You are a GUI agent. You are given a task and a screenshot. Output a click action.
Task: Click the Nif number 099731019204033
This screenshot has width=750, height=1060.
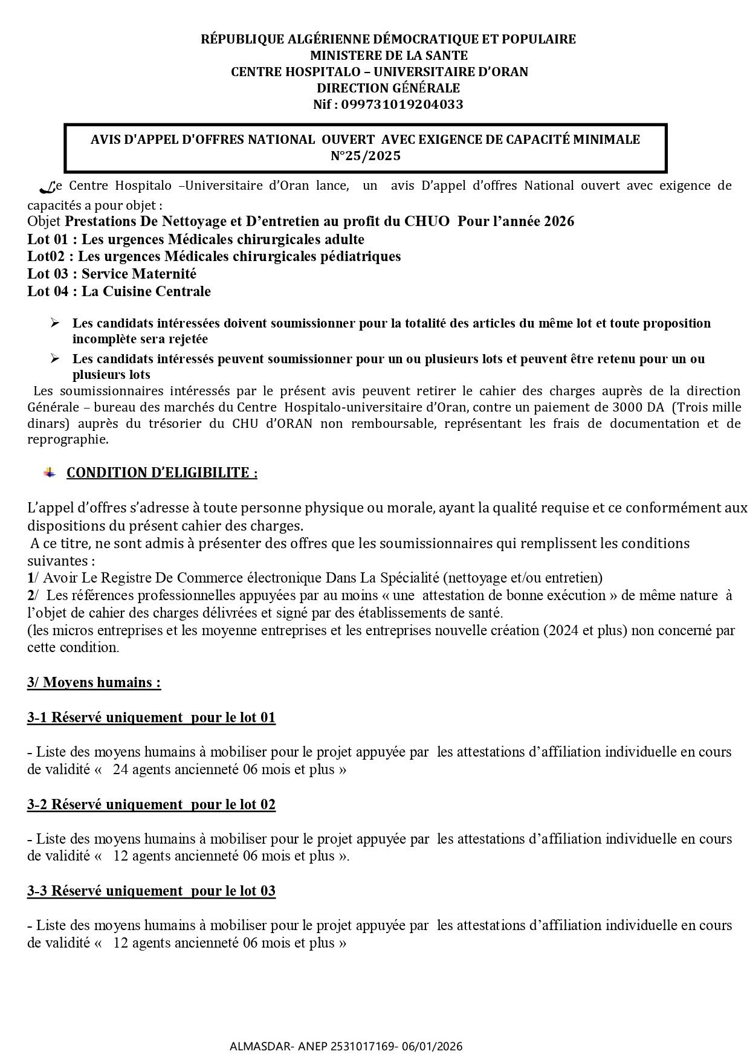pyautogui.click(x=402, y=105)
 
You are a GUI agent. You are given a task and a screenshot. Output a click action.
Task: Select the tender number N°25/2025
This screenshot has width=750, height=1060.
pyautogui.click(x=366, y=156)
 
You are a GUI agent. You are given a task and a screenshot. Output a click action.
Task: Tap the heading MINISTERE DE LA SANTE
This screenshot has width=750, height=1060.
pyautogui.click(x=389, y=56)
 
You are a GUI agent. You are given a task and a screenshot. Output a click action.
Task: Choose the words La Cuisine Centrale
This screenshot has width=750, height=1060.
pyautogui.click(x=146, y=291)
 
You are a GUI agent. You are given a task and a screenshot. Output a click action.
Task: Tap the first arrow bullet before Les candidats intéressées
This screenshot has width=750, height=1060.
pyautogui.click(x=55, y=323)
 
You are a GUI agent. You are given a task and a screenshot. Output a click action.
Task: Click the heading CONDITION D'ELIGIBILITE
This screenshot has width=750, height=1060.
pyautogui.click(x=162, y=473)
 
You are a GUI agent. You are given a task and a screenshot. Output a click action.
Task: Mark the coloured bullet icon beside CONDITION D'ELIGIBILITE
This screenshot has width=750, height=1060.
pyautogui.click(x=50, y=472)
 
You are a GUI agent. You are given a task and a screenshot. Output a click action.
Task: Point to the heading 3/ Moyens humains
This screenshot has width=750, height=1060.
pyautogui.click(x=94, y=682)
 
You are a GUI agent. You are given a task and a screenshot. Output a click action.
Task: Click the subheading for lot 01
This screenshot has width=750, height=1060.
pyautogui.click(x=151, y=717)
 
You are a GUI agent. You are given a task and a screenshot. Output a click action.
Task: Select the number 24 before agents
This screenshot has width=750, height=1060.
pyautogui.click(x=121, y=770)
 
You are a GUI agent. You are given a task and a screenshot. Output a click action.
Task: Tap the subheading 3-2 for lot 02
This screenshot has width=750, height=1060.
pyautogui.click(x=151, y=804)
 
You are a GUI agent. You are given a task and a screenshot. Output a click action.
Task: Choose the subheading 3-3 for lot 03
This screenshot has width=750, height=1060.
pyautogui.click(x=151, y=891)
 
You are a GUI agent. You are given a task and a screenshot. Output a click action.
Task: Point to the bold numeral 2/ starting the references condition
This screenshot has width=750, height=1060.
pyautogui.click(x=33, y=595)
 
